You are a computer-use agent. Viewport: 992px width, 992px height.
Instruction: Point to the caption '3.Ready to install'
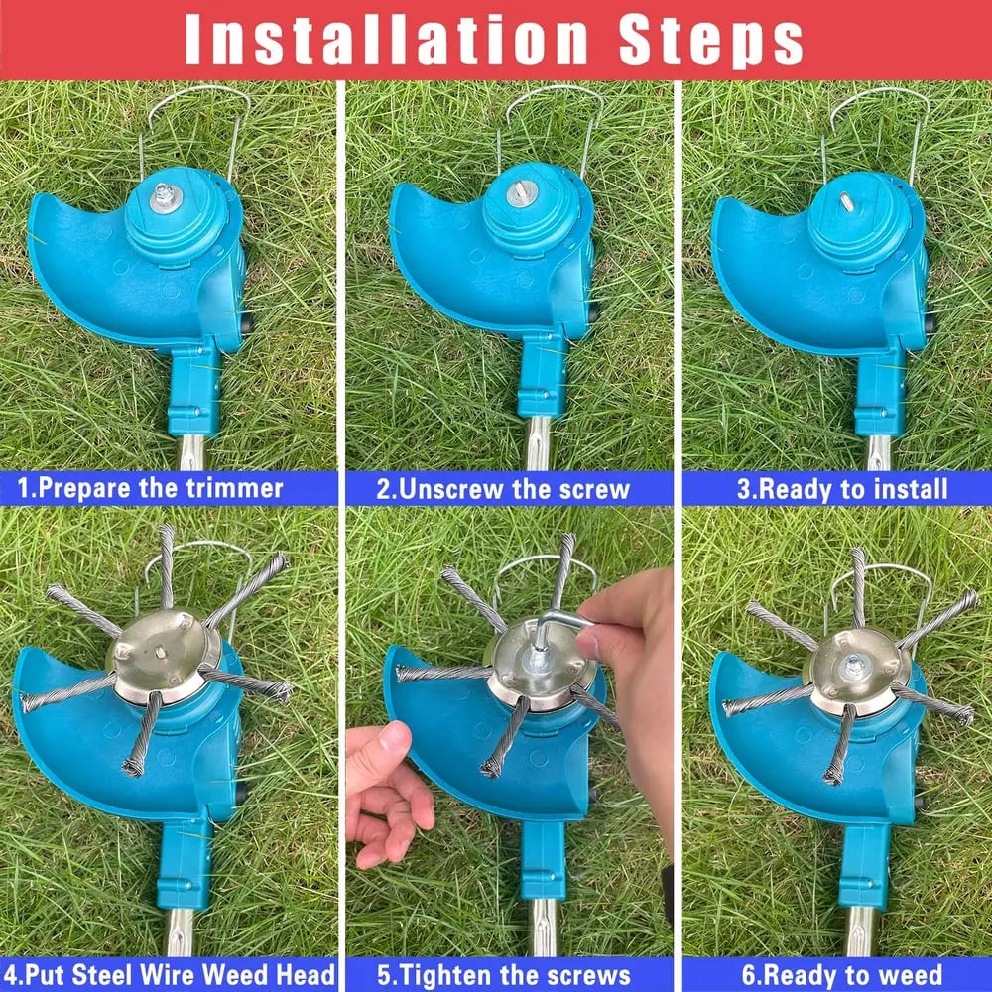[841, 488]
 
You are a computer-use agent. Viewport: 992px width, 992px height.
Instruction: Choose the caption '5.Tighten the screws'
[510, 973]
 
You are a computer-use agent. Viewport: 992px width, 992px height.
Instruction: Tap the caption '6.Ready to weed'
[841, 973]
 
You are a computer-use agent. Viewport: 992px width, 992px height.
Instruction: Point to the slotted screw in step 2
[521, 193]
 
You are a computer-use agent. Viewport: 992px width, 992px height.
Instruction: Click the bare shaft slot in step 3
[846, 200]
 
